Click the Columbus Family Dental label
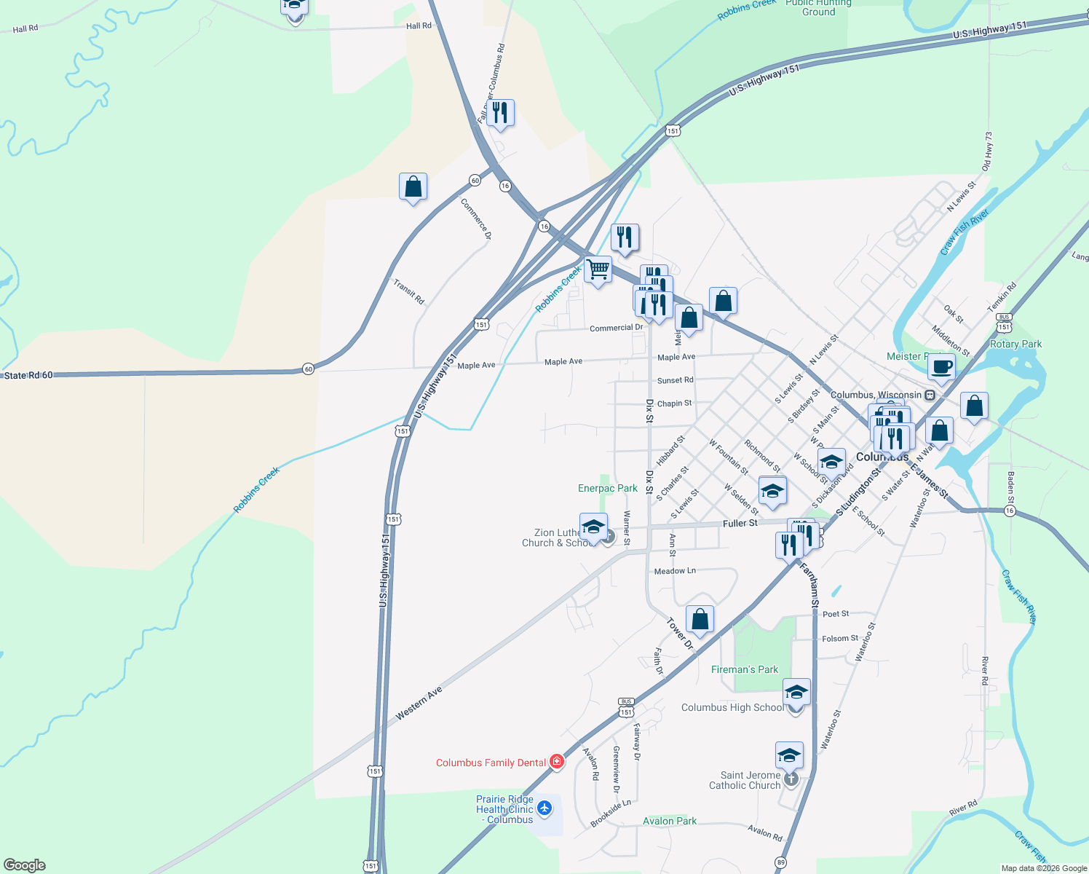coord(491,763)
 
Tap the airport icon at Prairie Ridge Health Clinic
coord(544,808)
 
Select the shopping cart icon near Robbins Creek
coord(598,269)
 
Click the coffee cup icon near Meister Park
coord(940,367)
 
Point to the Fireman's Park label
coord(744,669)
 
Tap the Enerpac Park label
coord(607,488)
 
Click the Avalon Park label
coord(670,821)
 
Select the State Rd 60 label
coord(28,375)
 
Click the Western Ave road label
coord(419,704)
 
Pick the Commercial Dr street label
coord(616,328)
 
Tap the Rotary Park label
coord(1015,344)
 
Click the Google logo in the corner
coord(25,865)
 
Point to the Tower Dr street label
coord(680,633)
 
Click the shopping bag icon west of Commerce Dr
coord(413,187)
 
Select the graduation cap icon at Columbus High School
coord(796,691)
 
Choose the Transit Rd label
coord(408,291)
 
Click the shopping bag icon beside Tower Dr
coord(700,620)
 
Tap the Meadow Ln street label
coord(675,571)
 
